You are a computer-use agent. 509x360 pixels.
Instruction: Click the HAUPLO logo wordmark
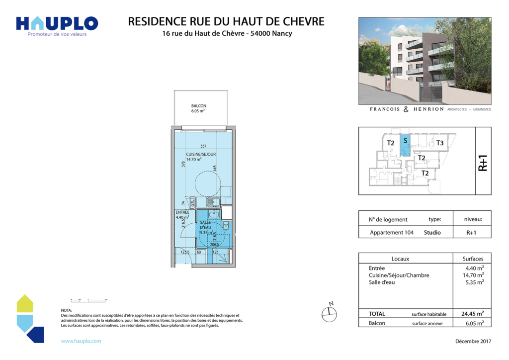tap(57, 23)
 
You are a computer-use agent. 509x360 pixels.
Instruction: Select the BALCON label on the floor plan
tap(198, 106)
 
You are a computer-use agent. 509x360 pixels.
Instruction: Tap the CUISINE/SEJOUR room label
tap(201, 154)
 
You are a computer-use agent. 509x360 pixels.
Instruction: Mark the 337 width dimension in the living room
tap(203, 146)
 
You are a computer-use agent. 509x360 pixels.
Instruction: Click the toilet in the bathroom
tap(226, 227)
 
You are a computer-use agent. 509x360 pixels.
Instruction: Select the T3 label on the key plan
tap(439, 143)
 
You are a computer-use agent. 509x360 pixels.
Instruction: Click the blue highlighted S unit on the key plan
tap(405, 144)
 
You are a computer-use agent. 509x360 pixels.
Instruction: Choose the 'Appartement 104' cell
tap(392, 232)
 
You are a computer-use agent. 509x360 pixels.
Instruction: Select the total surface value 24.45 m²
tap(471, 314)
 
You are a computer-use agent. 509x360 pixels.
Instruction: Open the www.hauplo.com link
tap(81, 341)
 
